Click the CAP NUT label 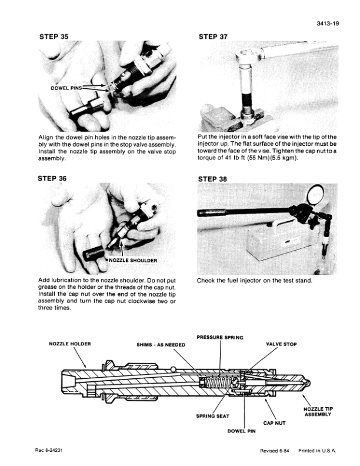pyautogui.click(x=275, y=422)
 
